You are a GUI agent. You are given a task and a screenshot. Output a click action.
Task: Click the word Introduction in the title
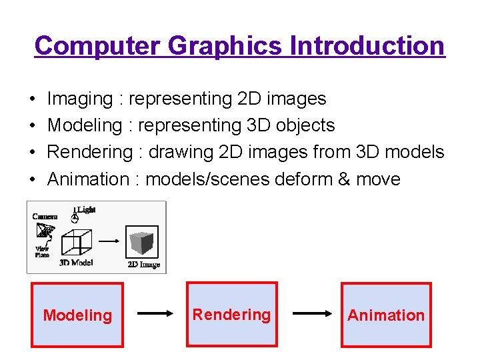pyautogui.click(x=367, y=45)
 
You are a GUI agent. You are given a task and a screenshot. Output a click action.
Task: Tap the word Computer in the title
pyautogui.click(x=97, y=45)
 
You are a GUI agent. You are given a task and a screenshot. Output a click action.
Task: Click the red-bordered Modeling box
pyautogui.click(x=77, y=315)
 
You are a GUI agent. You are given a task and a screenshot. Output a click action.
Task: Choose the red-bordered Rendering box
pyautogui.click(x=232, y=314)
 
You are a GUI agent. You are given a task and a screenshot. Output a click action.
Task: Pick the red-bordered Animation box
pyautogui.click(x=386, y=315)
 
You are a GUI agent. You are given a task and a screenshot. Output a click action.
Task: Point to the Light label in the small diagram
pyautogui.click(x=87, y=209)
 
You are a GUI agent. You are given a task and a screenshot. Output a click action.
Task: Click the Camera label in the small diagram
pyautogui.click(x=45, y=216)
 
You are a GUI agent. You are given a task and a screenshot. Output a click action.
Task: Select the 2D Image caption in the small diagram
pyautogui.click(x=143, y=265)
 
